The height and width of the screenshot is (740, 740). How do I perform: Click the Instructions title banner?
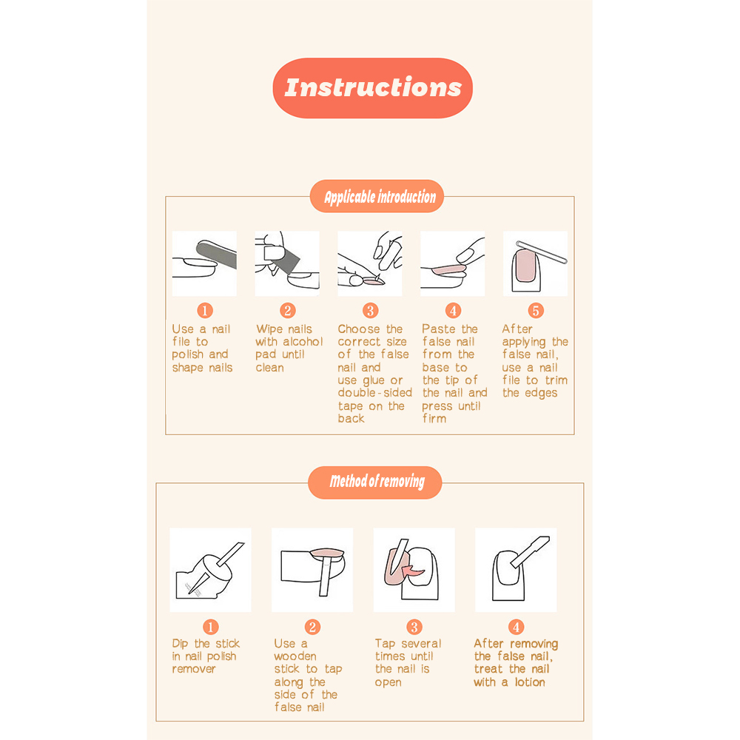coord(372,88)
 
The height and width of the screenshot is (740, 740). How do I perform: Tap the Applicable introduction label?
coord(377,196)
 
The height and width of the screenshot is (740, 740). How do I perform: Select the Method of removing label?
coord(374,482)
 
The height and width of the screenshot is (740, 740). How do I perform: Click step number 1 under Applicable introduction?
coord(205,311)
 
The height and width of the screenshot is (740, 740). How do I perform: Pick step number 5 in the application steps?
coord(536,311)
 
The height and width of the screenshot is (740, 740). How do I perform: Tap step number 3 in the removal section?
coord(414,627)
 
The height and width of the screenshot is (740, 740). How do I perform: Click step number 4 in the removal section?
coord(516,627)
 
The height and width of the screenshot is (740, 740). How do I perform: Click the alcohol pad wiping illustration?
coord(287,263)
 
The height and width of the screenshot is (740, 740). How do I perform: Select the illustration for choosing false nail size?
coord(369,263)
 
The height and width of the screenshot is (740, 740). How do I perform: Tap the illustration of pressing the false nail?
coord(453,263)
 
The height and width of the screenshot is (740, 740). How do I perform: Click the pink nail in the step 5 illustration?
coord(525,266)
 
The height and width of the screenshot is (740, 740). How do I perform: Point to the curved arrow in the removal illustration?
coord(413,571)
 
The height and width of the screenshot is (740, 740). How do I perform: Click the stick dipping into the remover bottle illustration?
coord(210,570)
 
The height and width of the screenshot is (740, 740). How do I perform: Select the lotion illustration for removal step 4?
coord(516,570)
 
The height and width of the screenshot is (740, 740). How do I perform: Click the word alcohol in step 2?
coord(303,342)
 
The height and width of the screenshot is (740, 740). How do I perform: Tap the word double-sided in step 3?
coord(374,393)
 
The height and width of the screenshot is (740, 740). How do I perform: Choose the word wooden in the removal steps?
coord(295,656)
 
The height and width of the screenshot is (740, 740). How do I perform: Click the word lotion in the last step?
coord(530,682)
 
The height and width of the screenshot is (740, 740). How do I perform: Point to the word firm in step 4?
coord(434,419)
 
